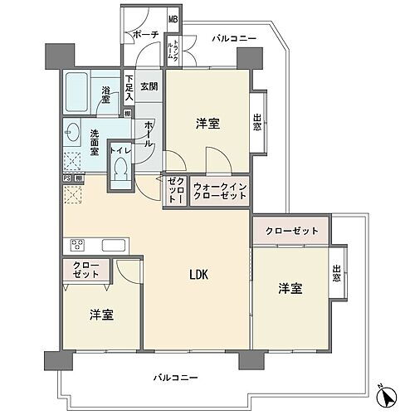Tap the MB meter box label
pos(173,20)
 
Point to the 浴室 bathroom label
pos(107,95)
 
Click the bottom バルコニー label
pos(175,378)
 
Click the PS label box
pos(66,178)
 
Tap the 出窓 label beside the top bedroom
pos(257,122)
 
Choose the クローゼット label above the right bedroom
pos(291,231)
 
